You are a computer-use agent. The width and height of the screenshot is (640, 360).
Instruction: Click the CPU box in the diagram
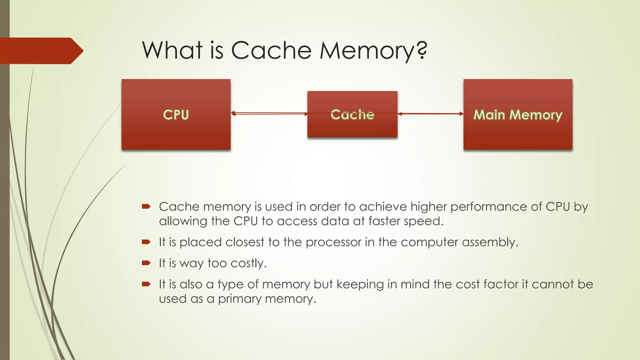[x=176, y=114]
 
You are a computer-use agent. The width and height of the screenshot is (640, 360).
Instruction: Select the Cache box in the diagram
[x=352, y=114]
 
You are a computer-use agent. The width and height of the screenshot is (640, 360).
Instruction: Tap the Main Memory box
[x=518, y=114]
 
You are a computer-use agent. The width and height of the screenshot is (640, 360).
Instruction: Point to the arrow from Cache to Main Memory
[x=430, y=114]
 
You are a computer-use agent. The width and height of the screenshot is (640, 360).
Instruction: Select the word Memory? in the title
[x=373, y=51]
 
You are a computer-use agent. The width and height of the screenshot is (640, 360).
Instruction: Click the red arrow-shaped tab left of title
[x=41, y=51]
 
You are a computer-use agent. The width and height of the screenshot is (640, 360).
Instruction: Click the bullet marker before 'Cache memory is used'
[x=146, y=206]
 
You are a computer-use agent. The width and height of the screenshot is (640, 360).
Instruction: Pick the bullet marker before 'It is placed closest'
[x=146, y=242]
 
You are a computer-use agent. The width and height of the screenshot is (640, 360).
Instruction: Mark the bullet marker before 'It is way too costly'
[x=146, y=263]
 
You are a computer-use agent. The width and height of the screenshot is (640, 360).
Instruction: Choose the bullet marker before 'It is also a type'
[x=146, y=284]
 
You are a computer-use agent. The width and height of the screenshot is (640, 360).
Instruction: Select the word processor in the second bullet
[x=333, y=242]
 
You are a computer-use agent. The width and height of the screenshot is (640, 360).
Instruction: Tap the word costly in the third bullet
[x=248, y=263]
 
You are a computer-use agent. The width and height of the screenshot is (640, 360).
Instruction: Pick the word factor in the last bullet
[x=501, y=284]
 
